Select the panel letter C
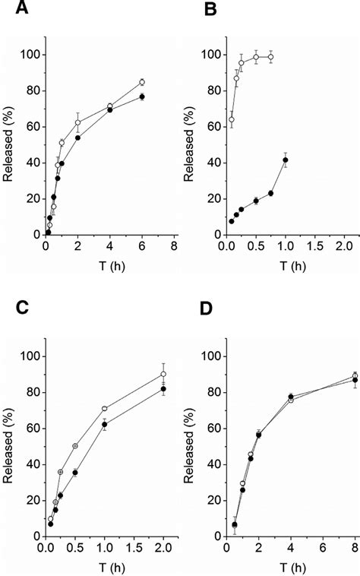tap(11, 306)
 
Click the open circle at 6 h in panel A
tap(142, 82)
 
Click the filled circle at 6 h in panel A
tap(142, 97)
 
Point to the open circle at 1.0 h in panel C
tap(105, 409)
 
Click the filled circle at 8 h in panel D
tap(355, 380)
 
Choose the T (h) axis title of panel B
tap(285, 265)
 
